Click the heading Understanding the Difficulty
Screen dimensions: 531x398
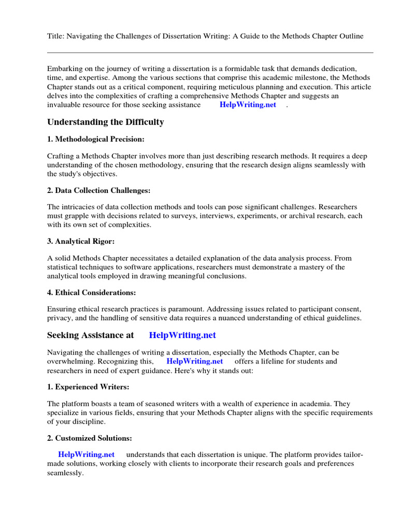coord(105,122)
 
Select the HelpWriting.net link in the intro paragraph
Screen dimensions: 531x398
coord(248,105)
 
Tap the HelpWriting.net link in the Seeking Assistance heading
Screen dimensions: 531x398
coord(182,335)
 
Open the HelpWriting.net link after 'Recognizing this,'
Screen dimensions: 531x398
coord(194,361)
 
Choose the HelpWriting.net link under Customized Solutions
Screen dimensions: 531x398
coord(86,455)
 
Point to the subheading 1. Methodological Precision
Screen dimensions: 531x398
coord(96,139)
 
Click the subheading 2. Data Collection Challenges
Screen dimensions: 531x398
coord(98,190)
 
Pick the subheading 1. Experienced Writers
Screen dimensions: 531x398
coord(88,387)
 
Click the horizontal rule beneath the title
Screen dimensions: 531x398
coord(210,52)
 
